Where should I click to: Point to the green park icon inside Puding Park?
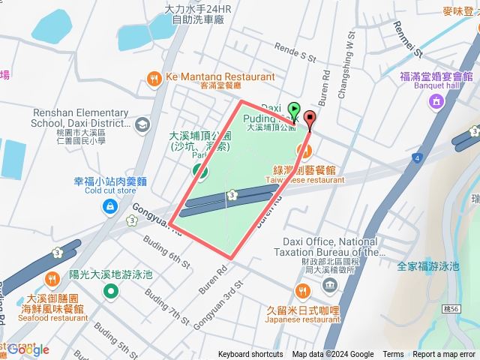point(200,171)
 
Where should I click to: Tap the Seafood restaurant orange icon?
point(52,280)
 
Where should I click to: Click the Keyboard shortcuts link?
point(250,355)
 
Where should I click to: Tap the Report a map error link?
point(443,355)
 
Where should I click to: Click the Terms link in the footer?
point(393,355)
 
